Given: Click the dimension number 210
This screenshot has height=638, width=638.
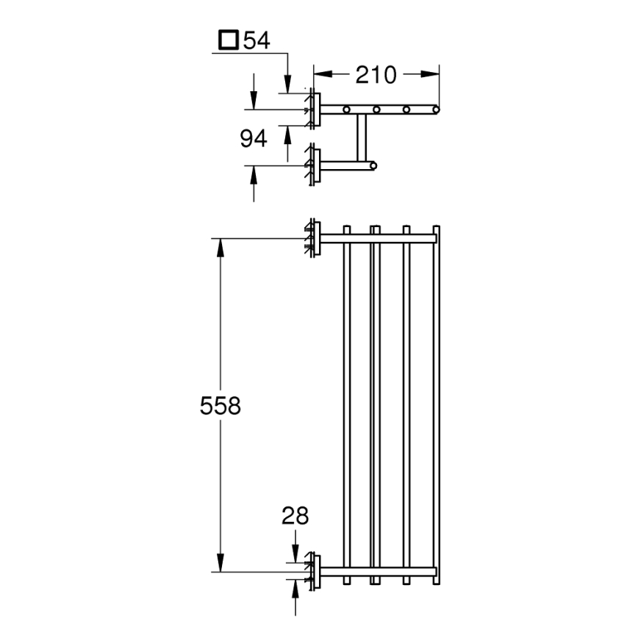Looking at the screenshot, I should (x=376, y=74).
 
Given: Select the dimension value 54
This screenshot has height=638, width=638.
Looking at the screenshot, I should (x=257, y=40).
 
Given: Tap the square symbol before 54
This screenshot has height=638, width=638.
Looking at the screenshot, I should (x=230, y=40).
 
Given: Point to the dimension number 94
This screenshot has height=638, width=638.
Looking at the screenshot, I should (x=254, y=137).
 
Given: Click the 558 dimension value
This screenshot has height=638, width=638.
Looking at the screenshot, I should (x=220, y=405).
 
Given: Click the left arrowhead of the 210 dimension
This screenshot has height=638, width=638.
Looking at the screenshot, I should (x=320, y=74).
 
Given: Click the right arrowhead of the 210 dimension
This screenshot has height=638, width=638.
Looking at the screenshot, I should (x=433, y=74).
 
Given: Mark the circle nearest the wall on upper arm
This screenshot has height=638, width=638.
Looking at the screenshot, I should (x=346, y=110).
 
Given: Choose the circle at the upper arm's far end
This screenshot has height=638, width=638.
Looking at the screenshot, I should (x=435, y=110).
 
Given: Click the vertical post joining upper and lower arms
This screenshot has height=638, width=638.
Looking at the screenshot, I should (x=362, y=137).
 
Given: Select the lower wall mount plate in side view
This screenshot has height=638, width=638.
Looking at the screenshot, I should (x=315, y=165).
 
